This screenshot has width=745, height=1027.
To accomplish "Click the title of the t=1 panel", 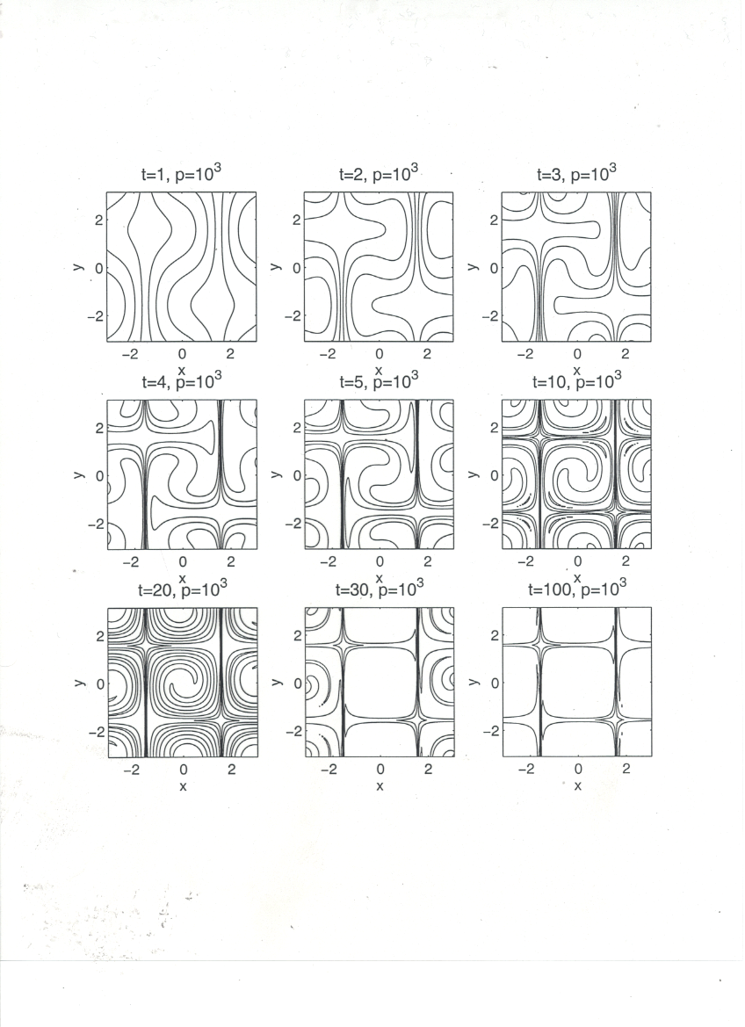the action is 182,174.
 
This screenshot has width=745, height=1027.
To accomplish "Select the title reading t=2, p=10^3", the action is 379,174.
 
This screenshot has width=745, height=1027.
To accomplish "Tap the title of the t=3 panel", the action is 576,174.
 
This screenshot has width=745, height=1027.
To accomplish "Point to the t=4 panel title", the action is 182,380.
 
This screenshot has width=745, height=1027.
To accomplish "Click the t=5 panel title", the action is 379,380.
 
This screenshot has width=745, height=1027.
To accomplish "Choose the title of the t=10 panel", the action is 576,380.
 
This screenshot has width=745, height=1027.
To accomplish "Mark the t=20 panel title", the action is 182,588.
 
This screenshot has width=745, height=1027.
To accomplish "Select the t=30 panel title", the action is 380,588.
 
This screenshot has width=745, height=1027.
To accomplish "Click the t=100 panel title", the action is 577,588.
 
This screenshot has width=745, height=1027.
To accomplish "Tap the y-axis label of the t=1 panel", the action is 78,266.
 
